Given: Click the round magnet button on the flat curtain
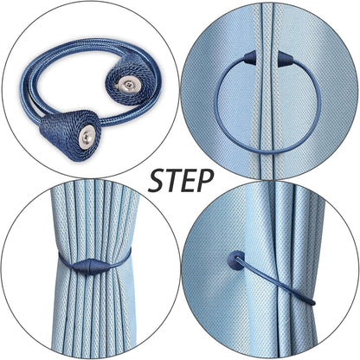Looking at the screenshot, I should [x=235, y=260].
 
